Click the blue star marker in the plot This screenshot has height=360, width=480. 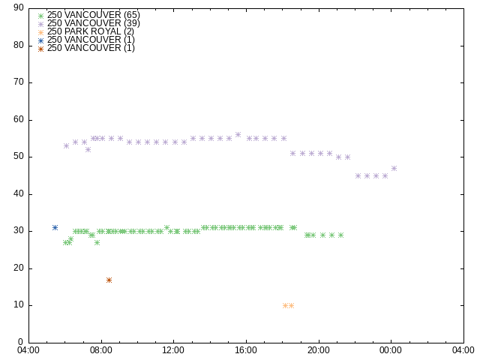tap(55, 227)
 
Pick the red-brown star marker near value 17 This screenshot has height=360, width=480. tap(109, 280)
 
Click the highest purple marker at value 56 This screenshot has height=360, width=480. tap(238, 135)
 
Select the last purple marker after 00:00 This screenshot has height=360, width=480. tap(394, 169)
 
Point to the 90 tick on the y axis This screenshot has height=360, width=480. tap(19, 8)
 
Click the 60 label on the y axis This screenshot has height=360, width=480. tap(19, 120)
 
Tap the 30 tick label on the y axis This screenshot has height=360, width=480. tap(19, 231)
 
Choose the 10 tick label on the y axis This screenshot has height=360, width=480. tap(19, 305)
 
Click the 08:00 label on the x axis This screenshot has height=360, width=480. tap(101, 349)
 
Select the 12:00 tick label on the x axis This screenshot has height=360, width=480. tap(174, 349)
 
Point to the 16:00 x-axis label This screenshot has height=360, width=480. tap(247, 349)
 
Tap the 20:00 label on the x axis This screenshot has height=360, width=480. tap(319, 349)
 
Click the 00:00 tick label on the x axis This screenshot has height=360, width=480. tap(391, 349)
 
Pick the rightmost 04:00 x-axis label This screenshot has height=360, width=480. tap(463, 349)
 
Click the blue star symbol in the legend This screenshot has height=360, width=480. tap(41, 40)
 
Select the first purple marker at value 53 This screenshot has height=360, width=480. tap(66, 145)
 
